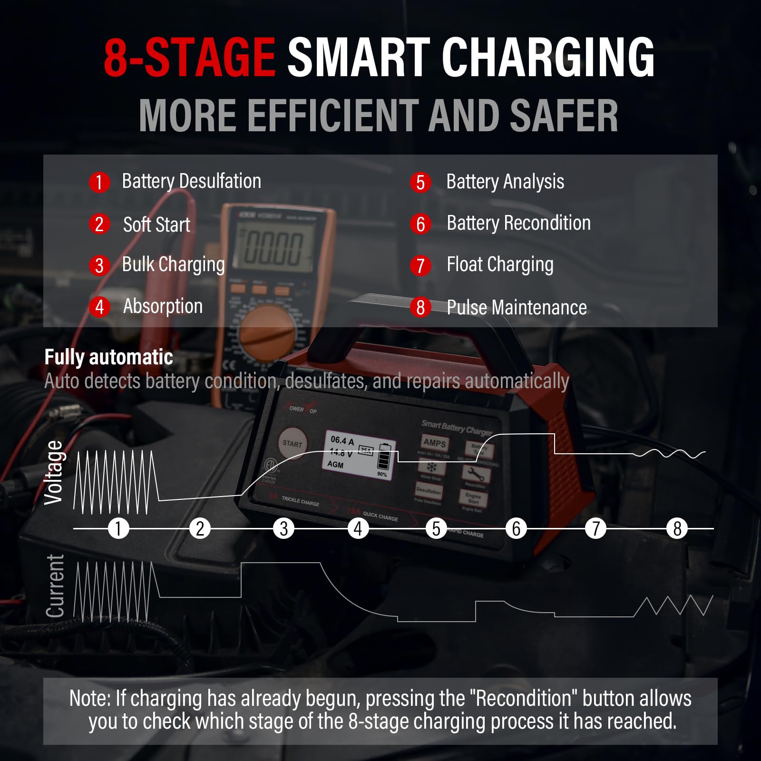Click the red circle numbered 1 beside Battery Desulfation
click(99, 182)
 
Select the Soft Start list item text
click(156, 224)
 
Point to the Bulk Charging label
click(173, 265)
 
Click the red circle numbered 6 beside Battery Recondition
click(420, 224)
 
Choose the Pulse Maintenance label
click(517, 308)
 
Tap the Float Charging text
click(500, 265)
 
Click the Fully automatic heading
click(108, 357)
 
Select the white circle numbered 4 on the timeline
click(358, 528)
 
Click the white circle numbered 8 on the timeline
click(677, 528)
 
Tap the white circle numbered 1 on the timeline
click(118, 528)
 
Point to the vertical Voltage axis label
click(54, 472)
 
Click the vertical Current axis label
click(55, 586)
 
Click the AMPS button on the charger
click(435, 443)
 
